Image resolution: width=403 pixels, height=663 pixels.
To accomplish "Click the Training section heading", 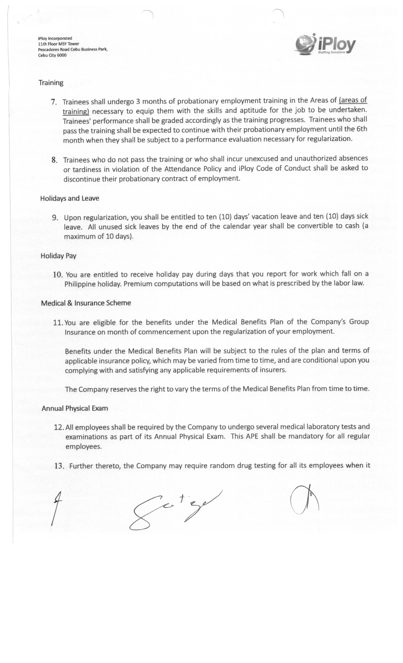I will tap(51, 83).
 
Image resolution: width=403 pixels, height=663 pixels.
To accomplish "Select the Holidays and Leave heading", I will tap(69, 198).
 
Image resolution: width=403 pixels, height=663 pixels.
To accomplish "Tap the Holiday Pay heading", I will tap(59, 256).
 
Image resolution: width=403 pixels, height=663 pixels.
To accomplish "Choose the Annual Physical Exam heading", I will tap(75, 408).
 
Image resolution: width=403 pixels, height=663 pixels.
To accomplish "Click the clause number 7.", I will tap(54, 102).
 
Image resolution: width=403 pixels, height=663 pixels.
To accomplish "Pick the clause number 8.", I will tap(55, 160).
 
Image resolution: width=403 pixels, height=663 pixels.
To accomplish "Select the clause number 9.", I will tap(55, 217).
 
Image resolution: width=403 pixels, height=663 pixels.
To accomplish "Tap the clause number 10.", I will tap(58, 274).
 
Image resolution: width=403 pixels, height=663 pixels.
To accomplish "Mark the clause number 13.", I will tap(59, 466).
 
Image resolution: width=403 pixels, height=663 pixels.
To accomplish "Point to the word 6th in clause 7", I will tap(362, 129).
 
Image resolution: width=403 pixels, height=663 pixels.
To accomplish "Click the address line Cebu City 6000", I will tap(52, 55).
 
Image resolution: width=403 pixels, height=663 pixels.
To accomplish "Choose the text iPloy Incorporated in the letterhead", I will tap(55, 38).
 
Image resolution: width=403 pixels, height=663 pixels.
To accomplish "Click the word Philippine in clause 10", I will tap(80, 284).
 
